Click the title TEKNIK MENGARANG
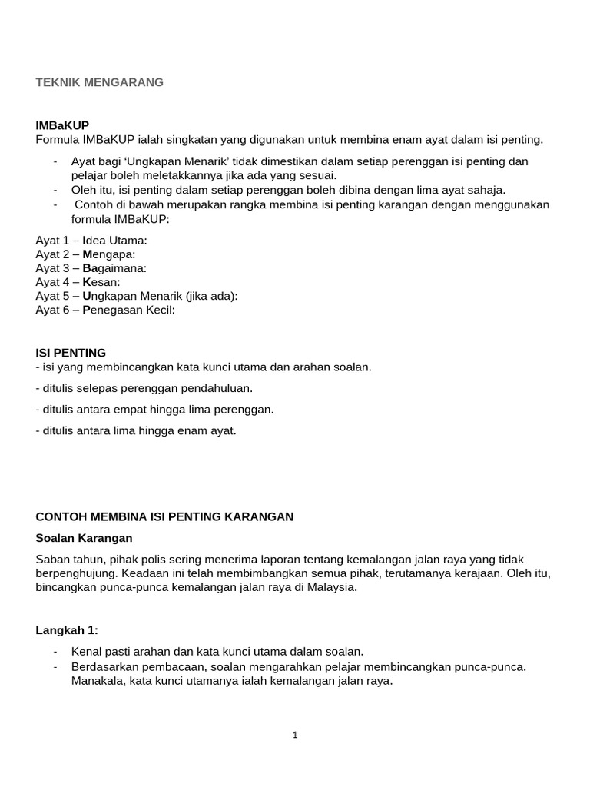coord(99,82)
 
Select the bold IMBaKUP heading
coord(68,125)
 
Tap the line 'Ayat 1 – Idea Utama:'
coord(91,241)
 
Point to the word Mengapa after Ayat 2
coord(108,254)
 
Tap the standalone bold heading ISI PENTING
coord(71,353)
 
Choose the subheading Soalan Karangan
coord(84,538)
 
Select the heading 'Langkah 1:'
coord(67,630)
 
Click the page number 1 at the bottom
coord(295,735)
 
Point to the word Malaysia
coord(331,587)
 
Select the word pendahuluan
coord(218,388)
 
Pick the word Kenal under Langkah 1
coord(85,652)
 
